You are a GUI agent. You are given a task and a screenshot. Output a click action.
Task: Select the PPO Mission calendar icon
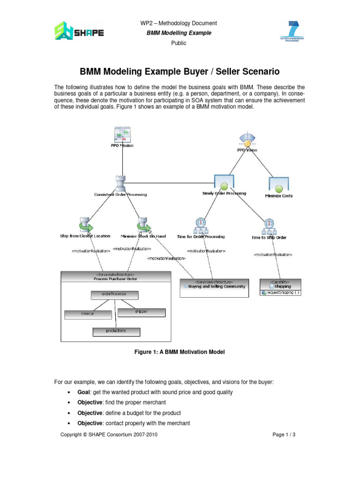pos(122,134)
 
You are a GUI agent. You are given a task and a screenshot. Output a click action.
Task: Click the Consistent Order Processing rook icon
pos(120,183)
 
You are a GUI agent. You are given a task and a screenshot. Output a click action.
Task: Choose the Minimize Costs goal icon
pos(278,185)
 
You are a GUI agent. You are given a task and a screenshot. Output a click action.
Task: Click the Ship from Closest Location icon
pos(85,224)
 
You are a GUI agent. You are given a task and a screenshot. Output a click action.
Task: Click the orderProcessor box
pos(114,295)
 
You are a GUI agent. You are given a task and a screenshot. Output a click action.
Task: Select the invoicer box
pos(87,314)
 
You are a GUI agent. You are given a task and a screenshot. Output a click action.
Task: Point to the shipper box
pos(141,312)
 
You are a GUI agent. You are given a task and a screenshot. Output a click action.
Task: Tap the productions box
pos(116,331)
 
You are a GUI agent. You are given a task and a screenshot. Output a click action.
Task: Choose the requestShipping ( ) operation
pos(281,292)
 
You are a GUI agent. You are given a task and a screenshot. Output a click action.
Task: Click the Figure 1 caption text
pos(180,352)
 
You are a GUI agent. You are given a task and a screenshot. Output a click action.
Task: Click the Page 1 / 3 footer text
pos(284,435)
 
